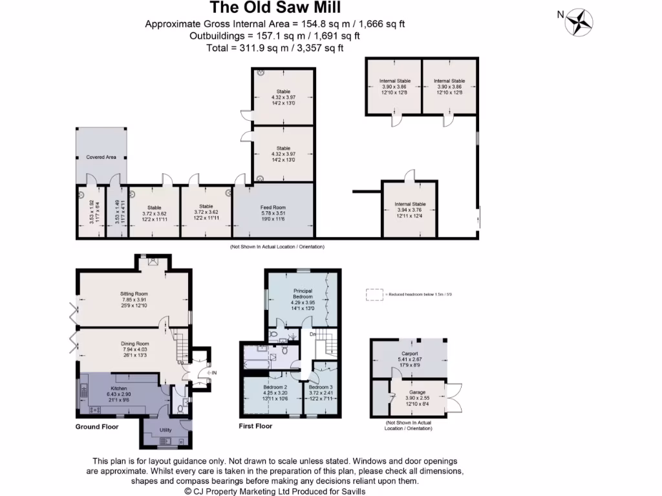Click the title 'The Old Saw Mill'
(275, 8)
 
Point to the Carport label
(409, 355)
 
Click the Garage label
(417, 392)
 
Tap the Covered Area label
(100, 157)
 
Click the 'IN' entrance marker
(213, 373)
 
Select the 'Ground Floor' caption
(96, 426)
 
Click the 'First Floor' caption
(256, 426)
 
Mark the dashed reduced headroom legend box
(374, 294)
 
